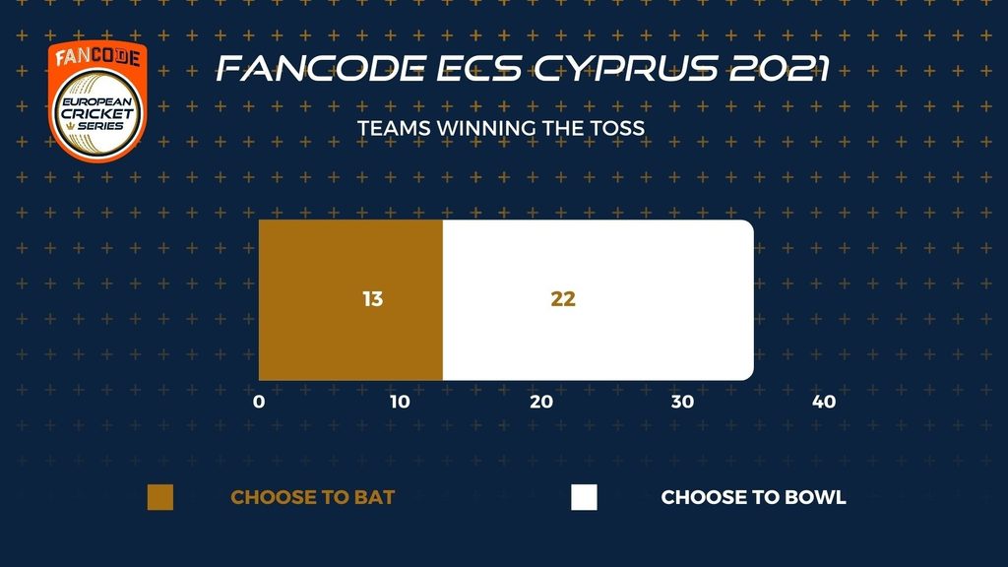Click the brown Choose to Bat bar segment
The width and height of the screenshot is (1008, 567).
pyautogui.click(x=350, y=300)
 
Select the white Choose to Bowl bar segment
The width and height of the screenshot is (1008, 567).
pyautogui.click(x=598, y=300)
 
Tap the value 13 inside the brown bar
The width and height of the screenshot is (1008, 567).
pyautogui.click(x=373, y=299)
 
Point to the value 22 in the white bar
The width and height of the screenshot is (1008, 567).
pyautogui.click(x=563, y=299)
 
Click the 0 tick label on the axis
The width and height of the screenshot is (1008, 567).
pyautogui.click(x=259, y=402)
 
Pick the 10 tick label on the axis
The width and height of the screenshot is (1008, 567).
pyautogui.click(x=400, y=402)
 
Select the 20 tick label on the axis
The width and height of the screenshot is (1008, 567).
pyautogui.click(x=541, y=402)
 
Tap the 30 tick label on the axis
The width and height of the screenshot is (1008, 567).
pyautogui.click(x=683, y=402)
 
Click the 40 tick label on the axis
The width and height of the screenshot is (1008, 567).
pyautogui.click(x=824, y=402)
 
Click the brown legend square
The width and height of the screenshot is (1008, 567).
pyautogui.click(x=160, y=497)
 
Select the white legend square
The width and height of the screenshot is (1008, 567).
pyautogui.click(x=584, y=497)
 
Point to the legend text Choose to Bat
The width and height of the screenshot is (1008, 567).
pyautogui.click(x=312, y=497)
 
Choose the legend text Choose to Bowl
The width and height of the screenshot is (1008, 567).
pyautogui.click(x=753, y=497)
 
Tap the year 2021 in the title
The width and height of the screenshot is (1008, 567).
pyautogui.click(x=779, y=68)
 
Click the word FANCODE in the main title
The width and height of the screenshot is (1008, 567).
pyautogui.click(x=321, y=68)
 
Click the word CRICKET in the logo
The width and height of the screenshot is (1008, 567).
pyautogui.click(x=97, y=114)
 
